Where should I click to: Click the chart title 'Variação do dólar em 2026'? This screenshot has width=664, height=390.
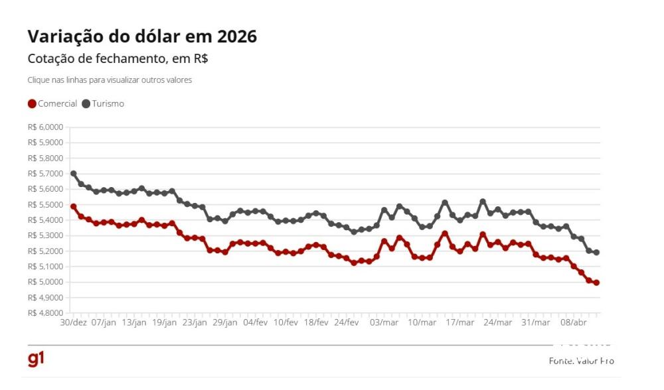pyautogui.click(x=142, y=37)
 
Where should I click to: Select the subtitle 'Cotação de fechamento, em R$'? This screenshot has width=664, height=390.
pyautogui.click(x=118, y=58)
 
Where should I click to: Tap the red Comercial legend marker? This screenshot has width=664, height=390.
pyautogui.click(x=32, y=104)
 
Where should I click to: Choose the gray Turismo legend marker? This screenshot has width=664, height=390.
pyautogui.click(x=86, y=104)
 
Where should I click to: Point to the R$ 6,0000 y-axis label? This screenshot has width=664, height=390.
pyautogui.click(x=45, y=127)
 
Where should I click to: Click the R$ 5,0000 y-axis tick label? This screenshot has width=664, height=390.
pyautogui.click(x=45, y=282)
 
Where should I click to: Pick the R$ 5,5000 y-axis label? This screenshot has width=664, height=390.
pyautogui.click(x=45, y=204)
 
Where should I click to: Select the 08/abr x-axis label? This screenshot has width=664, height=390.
pyautogui.click(x=574, y=322)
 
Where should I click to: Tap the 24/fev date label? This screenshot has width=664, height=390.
pyautogui.click(x=347, y=322)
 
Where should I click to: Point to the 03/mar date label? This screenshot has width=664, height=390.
pyautogui.click(x=384, y=322)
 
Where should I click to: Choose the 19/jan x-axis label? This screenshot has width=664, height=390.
pyautogui.click(x=165, y=322)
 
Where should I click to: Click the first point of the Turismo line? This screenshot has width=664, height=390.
pyautogui.click(x=73, y=174)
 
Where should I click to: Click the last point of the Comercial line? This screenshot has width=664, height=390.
pyautogui.click(x=596, y=283)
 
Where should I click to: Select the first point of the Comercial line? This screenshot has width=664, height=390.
pyautogui.click(x=73, y=206)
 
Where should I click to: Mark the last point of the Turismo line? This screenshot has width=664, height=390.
pyautogui.click(x=596, y=253)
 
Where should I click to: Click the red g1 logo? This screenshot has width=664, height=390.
pyautogui.click(x=36, y=359)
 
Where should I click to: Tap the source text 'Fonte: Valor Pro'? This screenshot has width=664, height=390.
pyautogui.click(x=581, y=361)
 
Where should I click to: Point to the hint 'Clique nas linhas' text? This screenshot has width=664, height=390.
pyautogui.click(x=110, y=80)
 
